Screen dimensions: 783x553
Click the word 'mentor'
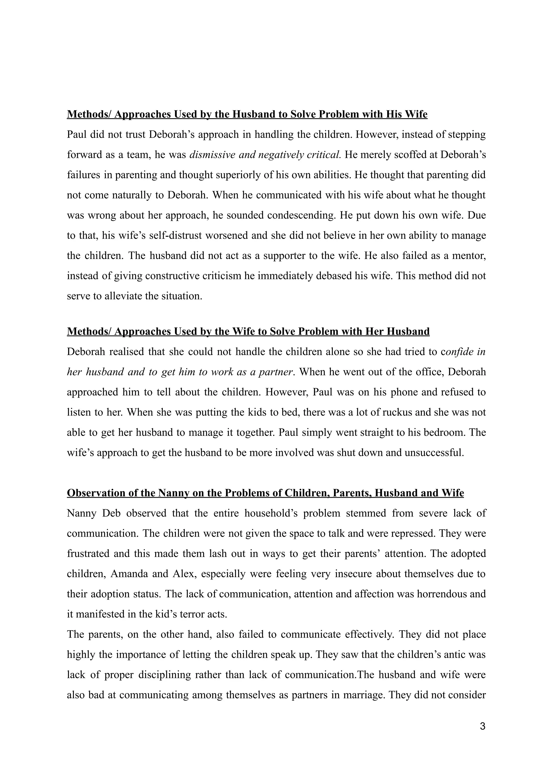coord(469,256)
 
